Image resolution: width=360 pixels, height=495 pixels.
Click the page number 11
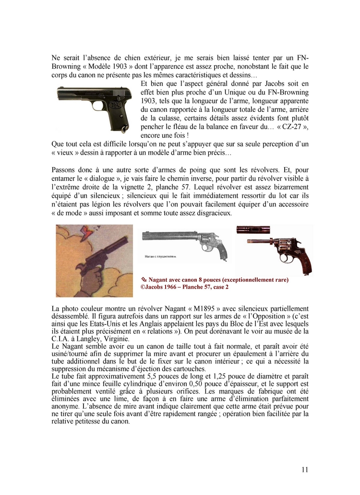point(305,470)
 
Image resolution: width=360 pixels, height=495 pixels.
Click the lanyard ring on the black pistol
point(126,129)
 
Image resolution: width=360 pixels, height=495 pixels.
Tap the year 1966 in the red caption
point(174,287)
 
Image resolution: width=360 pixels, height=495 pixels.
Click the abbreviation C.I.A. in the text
point(61,338)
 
